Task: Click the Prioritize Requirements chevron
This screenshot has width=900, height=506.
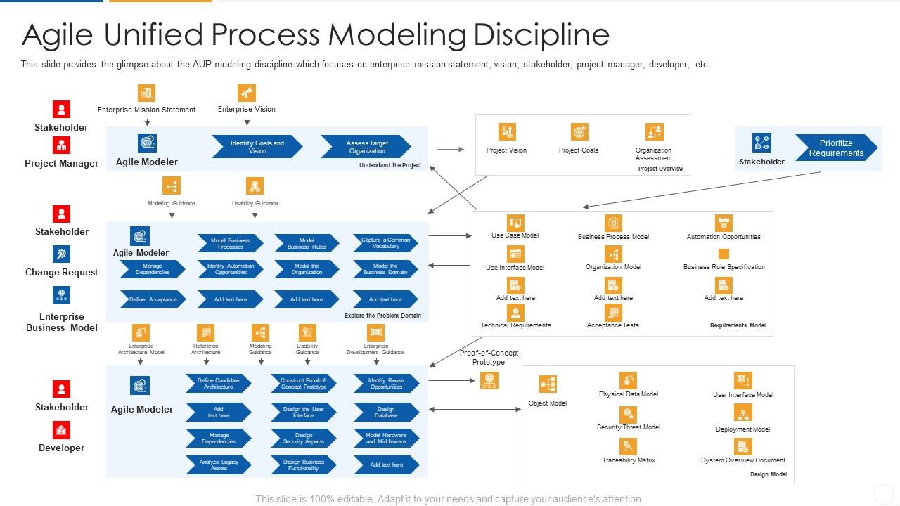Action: tap(835, 148)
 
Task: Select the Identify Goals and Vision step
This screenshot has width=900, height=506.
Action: tap(257, 146)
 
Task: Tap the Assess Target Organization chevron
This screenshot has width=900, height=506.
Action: tap(366, 146)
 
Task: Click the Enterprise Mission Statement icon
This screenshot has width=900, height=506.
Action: tap(146, 93)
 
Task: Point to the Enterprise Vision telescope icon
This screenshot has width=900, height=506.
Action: tap(246, 93)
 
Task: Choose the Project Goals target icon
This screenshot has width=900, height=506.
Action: tap(579, 132)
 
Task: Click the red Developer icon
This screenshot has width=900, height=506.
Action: tap(62, 430)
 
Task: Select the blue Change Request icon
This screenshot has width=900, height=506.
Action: tap(62, 254)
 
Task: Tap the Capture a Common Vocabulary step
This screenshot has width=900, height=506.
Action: tap(385, 243)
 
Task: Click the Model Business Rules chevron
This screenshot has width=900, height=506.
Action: tap(307, 243)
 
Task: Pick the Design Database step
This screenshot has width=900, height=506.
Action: tap(386, 412)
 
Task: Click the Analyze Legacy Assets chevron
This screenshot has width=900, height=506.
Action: tap(219, 465)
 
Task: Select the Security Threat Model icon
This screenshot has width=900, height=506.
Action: tap(628, 414)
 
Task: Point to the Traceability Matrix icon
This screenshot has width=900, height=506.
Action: tap(628, 446)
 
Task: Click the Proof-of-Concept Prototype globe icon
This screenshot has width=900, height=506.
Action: tap(489, 380)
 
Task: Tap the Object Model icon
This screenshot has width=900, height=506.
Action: tap(548, 384)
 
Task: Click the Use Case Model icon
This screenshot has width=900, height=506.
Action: tap(515, 223)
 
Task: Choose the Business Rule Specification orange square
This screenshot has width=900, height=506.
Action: tap(724, 254)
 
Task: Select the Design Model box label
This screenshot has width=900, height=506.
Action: tap(768, 475)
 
